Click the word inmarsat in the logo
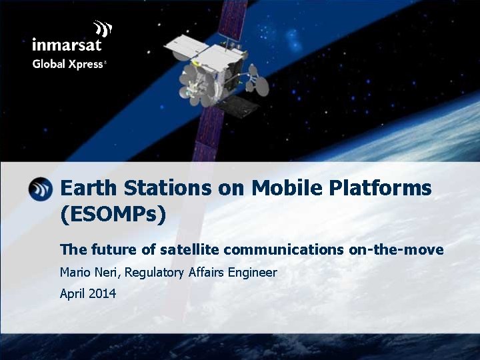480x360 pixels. tap(66, 45)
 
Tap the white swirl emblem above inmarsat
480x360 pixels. tap(102, 29)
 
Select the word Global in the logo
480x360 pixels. tap(48, 65)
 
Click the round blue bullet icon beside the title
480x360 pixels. tap(41, 189)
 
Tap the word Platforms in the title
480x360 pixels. tap(380, 189)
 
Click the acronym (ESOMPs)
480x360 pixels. tap(113, 215)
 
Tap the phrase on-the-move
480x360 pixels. tap(396, 250)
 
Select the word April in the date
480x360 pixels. tap(73, 293)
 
